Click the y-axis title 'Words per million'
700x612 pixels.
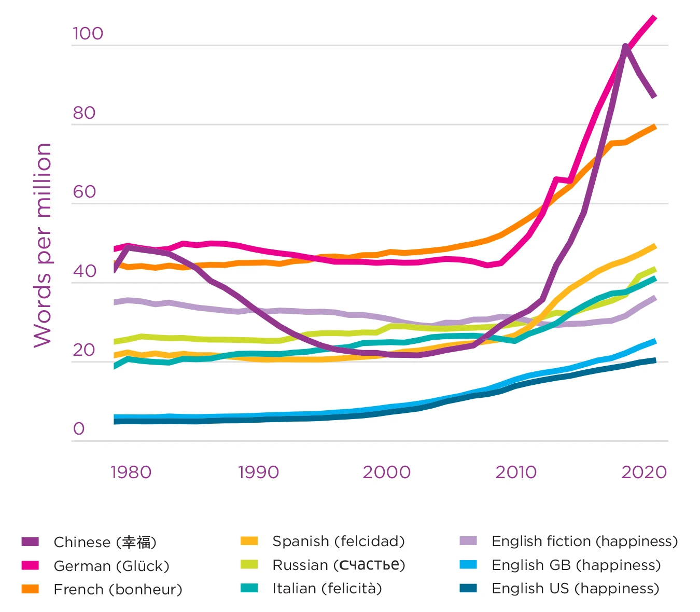[43, 245]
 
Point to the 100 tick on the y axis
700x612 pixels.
[88, 34]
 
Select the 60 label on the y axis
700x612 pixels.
[85, 192]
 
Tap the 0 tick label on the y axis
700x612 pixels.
[79, 429]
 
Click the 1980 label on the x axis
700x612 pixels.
[131, 472]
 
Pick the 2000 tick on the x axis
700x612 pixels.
[386, 472]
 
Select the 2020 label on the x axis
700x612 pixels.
[644, 472]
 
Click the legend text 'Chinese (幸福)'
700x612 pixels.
[105, 542]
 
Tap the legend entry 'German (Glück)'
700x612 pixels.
[111, 566]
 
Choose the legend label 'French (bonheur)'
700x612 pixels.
[118, 589]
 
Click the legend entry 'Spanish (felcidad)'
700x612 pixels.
[338, 541]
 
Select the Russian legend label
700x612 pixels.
[339, 565]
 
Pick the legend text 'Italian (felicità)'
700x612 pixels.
[327, 588]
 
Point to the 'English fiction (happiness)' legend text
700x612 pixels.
[584, 541]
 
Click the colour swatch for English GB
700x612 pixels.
[468, 565]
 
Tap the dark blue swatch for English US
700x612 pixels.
[468, 588]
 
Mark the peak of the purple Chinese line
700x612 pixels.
[626, 47]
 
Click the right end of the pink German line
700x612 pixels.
[655, 18]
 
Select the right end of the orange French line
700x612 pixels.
[655, 127]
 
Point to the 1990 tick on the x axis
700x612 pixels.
[258, 472]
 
